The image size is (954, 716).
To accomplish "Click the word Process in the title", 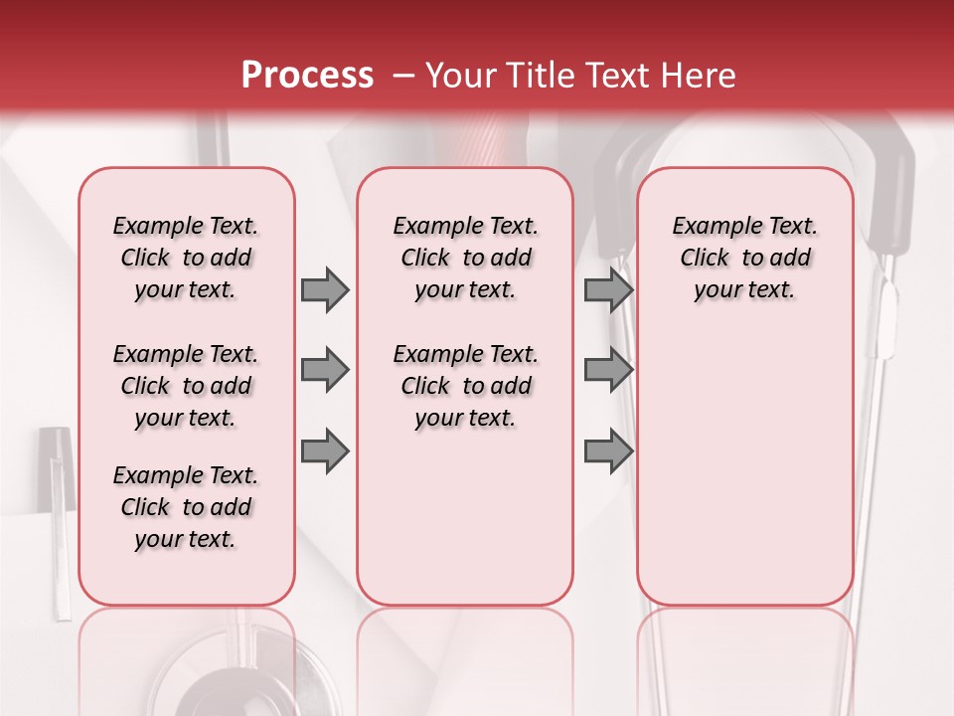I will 307,76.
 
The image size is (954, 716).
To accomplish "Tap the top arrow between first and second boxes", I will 325,289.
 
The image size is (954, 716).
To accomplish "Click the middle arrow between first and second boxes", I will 325,370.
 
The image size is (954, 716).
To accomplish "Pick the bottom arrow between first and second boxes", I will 325,450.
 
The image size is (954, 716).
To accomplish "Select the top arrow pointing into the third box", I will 608,289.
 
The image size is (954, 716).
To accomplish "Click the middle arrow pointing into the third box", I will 608,370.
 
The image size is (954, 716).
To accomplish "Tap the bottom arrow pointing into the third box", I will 608,450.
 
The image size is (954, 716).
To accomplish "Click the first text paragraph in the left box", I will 186,258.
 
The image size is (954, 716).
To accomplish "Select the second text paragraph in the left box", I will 186,386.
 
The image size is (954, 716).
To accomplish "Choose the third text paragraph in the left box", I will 186,507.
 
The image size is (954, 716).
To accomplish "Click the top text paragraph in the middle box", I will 465,258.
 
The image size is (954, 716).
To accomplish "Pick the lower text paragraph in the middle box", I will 465,386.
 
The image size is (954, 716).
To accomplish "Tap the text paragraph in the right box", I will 744,258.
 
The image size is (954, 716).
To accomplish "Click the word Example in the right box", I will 710,226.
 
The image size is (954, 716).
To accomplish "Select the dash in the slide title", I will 403,76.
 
